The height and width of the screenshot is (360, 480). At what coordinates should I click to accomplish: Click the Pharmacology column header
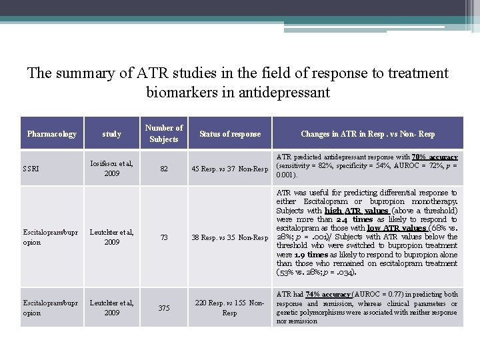click(x=52, y=134)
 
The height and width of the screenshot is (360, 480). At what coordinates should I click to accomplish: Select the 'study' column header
click(x=112, y=134)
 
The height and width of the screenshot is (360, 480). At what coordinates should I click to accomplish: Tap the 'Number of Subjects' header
click(x=164, y=133)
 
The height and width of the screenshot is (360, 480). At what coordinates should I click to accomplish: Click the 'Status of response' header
click(x=230, y=134)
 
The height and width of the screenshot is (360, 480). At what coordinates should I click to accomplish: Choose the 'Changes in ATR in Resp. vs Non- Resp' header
click(x=367, y=134)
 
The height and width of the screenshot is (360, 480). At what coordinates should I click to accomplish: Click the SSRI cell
click(x=32, y=169)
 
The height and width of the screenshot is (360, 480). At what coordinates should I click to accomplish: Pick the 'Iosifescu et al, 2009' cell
click(x=112, y=169)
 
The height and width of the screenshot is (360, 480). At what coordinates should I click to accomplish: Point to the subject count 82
click(x=164, y=169)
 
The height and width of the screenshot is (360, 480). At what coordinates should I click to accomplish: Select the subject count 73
click(x=164, y=237)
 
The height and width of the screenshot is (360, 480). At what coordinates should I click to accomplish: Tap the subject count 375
click(x=164, y=307)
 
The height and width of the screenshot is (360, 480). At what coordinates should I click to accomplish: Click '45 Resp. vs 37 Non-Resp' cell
click(x=230, y=169)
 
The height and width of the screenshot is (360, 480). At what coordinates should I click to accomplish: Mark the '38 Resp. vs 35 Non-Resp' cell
click(x=230, y=237)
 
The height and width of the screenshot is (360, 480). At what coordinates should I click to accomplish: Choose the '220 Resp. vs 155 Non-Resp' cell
click(x=230, y=307)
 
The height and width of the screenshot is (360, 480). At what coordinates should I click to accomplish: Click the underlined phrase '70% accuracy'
click(x=435, y=157)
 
